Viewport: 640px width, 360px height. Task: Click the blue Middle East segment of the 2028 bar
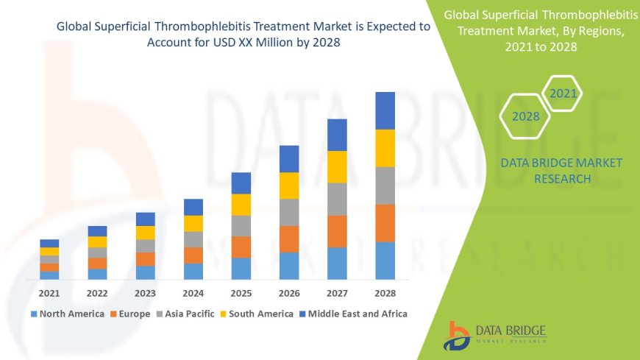(x=385, y=110)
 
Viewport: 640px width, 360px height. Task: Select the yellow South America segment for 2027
(x=337, y=166)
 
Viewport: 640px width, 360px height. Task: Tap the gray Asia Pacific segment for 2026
(x=289, y=212)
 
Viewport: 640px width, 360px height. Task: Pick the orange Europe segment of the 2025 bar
(x=241, y=247)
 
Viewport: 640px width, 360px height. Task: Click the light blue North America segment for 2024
(x=193, y=271)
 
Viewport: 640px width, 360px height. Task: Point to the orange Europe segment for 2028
(x=385, y=223)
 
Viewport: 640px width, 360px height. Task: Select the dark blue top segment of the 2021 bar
(x=49, y=243)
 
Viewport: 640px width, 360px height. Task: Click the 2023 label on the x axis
(x=145, y=292)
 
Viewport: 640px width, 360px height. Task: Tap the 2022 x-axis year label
(x=97, y=292)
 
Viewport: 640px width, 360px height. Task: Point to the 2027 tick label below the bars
(x=337, y=292)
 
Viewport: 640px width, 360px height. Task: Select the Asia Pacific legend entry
(x=183, y=314)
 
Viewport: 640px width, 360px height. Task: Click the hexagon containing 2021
(x=563, y=93)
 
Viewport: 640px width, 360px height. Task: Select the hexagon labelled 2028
(x=525, y=116)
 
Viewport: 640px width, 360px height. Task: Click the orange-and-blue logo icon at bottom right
(x=458, y=335)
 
